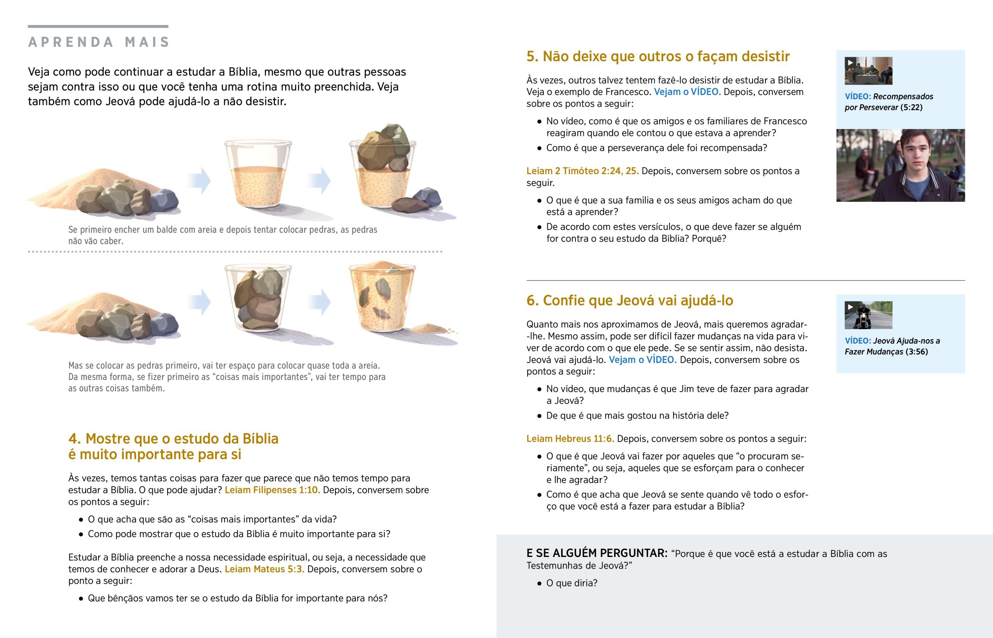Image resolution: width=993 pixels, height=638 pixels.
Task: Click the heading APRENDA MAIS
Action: pos(98,42)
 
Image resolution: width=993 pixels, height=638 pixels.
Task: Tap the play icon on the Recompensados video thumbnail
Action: pos(850,62)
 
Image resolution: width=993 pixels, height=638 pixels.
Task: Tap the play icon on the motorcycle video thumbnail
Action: pos(850,307)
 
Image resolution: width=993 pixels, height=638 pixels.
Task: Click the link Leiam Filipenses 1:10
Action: pos(272,490)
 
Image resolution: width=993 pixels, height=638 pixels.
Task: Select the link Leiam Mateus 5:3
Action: pos(264,569)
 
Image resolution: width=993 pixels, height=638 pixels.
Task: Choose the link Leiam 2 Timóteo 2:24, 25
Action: pos(582,171)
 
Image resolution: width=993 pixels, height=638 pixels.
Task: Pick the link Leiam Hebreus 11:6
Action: pos(570,439)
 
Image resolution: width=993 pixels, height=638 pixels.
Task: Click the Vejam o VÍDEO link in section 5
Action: pos(687,92)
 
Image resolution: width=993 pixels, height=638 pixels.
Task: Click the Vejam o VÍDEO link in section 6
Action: pos(643,360)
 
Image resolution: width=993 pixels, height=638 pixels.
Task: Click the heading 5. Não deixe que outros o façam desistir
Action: pos(658,56)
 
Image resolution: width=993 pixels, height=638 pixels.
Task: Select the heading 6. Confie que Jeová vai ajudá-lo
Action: pos(630,301)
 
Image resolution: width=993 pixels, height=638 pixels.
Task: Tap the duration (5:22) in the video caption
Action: pos(911,108)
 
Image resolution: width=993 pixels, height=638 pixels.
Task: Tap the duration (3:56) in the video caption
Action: pos(916,352)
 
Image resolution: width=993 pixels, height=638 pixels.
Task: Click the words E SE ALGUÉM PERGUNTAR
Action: pos(597,554)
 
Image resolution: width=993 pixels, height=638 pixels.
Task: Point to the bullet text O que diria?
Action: pos(572,583)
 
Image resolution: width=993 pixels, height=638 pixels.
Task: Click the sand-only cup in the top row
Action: pos(258,174)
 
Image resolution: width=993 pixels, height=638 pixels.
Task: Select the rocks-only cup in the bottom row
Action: pos(258,298)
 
